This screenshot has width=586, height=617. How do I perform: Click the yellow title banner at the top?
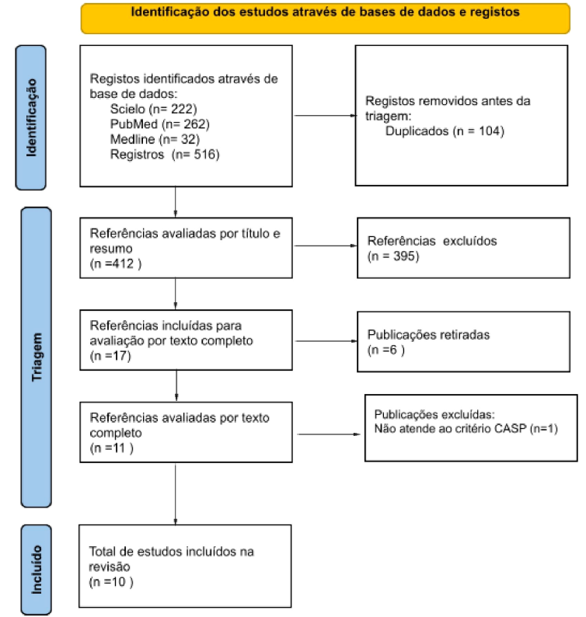click(325, 19)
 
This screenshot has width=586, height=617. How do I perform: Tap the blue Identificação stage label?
click(30, 117)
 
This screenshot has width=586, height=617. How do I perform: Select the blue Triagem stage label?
click(37, 357)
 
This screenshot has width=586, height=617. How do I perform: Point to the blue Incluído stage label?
click(37, 570)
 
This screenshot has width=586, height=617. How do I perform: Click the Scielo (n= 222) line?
click(153, 109)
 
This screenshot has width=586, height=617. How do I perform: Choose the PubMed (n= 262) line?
click(160, 124)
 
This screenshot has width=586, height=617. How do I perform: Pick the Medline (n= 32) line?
click(155, 139)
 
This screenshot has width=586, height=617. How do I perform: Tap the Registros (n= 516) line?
click(165, 154)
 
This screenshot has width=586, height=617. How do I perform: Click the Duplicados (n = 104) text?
click(445, 131)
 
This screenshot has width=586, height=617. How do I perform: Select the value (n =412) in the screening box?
click(116, 263)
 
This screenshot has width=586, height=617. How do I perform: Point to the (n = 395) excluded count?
click(393, 256)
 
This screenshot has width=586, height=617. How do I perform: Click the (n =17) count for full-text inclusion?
click(110, 356)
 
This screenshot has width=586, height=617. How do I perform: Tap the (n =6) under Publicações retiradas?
click(385, 350)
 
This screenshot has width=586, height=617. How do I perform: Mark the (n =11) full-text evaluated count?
click(111, 448)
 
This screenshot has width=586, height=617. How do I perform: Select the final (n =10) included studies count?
click(111, 581)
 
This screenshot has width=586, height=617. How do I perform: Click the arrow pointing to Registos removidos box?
click(325, 115)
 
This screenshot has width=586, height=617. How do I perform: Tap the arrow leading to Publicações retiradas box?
click(326, 341)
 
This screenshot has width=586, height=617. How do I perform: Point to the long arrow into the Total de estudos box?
click(176, 495)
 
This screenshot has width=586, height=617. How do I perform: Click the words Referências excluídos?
click(432, 241)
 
